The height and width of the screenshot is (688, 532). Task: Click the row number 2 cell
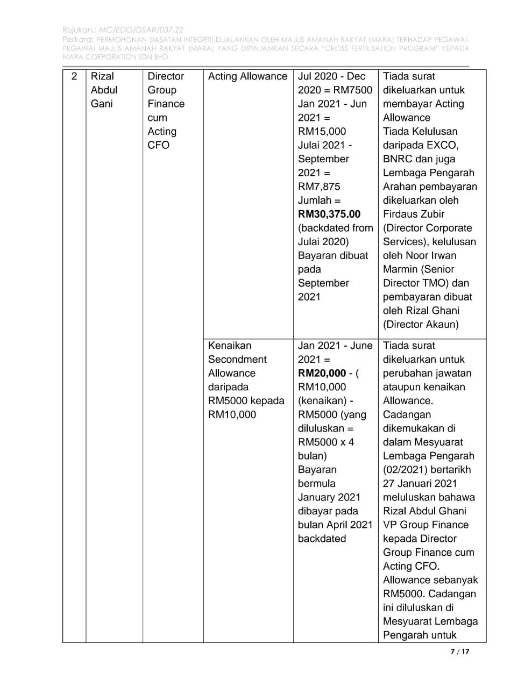coord(74,76)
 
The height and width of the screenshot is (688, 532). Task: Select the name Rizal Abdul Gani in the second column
coord(104,90)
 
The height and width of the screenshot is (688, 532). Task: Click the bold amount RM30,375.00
coord(329,214)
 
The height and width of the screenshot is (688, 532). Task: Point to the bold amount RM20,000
coord(322,373)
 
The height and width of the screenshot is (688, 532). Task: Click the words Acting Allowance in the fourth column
coord(247,76)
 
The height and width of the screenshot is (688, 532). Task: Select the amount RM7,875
coord(319,187)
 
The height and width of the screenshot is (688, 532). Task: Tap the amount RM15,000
coord(322,131)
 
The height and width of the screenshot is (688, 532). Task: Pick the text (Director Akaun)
coord(421,324)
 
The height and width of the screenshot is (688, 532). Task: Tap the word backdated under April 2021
coord(322,539)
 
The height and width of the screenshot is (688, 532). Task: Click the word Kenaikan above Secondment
coord(230,346)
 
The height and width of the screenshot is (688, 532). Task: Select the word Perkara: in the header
coord(78,39)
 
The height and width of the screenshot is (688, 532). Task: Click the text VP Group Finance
coord(425,525)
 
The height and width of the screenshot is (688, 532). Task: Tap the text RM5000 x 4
coord(326,442)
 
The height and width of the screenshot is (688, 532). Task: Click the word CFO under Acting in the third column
coord(158,145)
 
